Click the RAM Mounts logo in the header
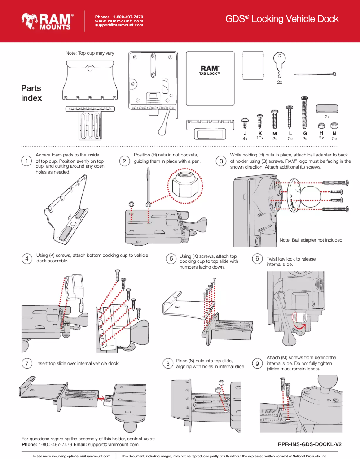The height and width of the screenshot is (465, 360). point(47,21)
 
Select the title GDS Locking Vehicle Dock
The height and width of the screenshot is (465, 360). point(282,19)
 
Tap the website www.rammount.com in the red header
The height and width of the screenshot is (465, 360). point(119,21)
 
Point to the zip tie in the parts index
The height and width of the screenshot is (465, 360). point(316,74)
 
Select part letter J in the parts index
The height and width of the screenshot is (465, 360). point(245,134)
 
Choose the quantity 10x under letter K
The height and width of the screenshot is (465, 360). point(260,138)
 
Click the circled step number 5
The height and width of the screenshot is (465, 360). point(171,259)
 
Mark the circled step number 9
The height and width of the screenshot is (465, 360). point(257,364)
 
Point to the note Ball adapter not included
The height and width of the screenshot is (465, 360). point(311,240)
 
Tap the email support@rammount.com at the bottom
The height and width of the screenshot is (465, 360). point(113,444)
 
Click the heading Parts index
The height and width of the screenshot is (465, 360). point(31,93)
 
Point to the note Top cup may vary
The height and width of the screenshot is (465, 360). point(90,53)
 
